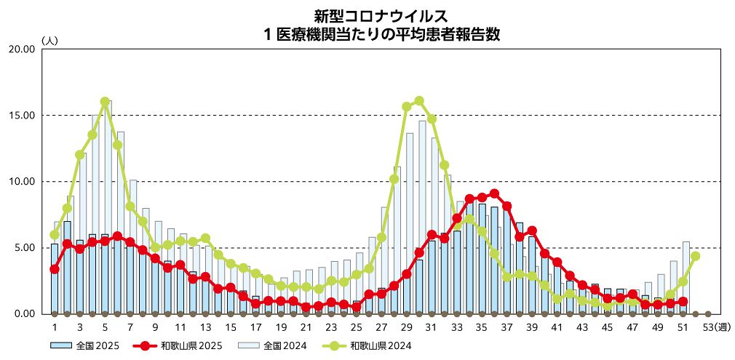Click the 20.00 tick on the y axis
(21, 49)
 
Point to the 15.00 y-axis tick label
(21, 115)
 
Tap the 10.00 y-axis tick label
(21, 181)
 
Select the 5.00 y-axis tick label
(23, 247)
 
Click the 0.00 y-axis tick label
(23, 313)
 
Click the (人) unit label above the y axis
(49, 39)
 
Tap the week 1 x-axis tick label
(55, 328)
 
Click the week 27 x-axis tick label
(381, 328)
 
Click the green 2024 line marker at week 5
(105, 102)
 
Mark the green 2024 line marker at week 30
(419, 101)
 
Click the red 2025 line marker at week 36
(495, 193)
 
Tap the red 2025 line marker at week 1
(55, 269)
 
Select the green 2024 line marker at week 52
(696, 256)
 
